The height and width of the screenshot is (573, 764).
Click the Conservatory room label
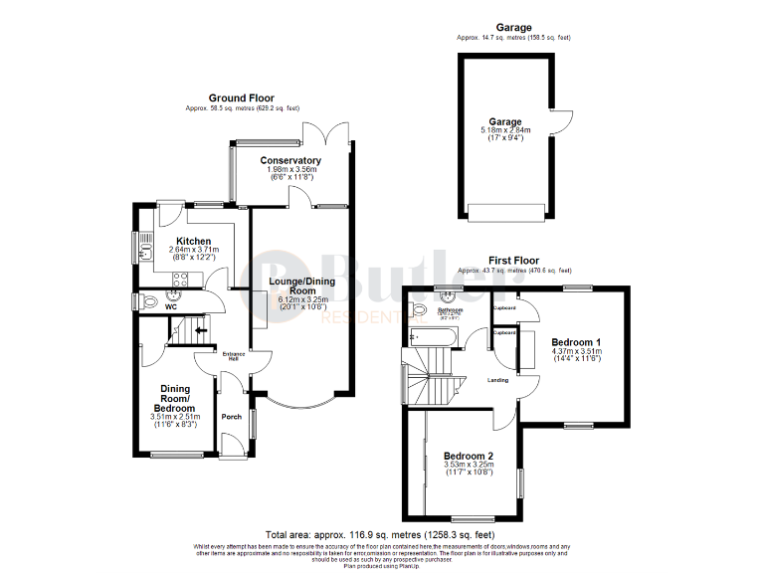(290, 160)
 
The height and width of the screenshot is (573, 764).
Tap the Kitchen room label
(193, 241)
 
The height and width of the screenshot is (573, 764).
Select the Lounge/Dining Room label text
(301, 286)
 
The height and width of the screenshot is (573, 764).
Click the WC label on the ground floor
(171, 307)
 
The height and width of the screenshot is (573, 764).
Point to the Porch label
(231, 417)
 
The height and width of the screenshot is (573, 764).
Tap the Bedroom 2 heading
(469, 457)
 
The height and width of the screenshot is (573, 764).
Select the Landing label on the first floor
(498, 380)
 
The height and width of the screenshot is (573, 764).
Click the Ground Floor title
(241, 98)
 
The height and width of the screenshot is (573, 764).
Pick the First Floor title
(513, 261)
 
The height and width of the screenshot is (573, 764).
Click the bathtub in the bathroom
(432, 338)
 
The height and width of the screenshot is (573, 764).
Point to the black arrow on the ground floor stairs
(202, 331)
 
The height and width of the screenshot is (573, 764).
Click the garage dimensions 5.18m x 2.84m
(504, 130)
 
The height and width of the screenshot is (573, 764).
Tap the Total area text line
(381, 534)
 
